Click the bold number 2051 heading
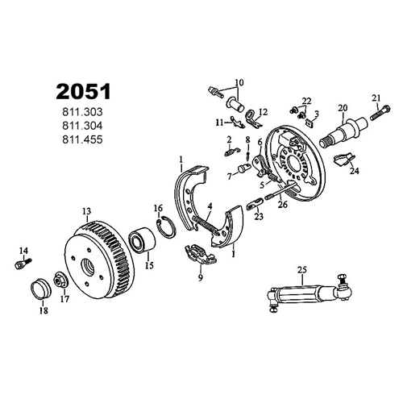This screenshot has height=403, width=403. click(83, 91)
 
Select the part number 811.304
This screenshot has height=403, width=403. click(82, 126)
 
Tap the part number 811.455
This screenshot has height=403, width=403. click(82, 139)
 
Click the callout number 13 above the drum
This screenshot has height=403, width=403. click(86, 211)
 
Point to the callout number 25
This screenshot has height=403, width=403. click(302, 270)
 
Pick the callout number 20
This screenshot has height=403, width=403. click(343, 108)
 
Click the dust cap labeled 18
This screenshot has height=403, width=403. click(41, 289)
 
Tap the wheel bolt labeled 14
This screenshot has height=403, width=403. click(23, 264)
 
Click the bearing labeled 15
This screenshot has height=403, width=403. click(142, 239)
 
